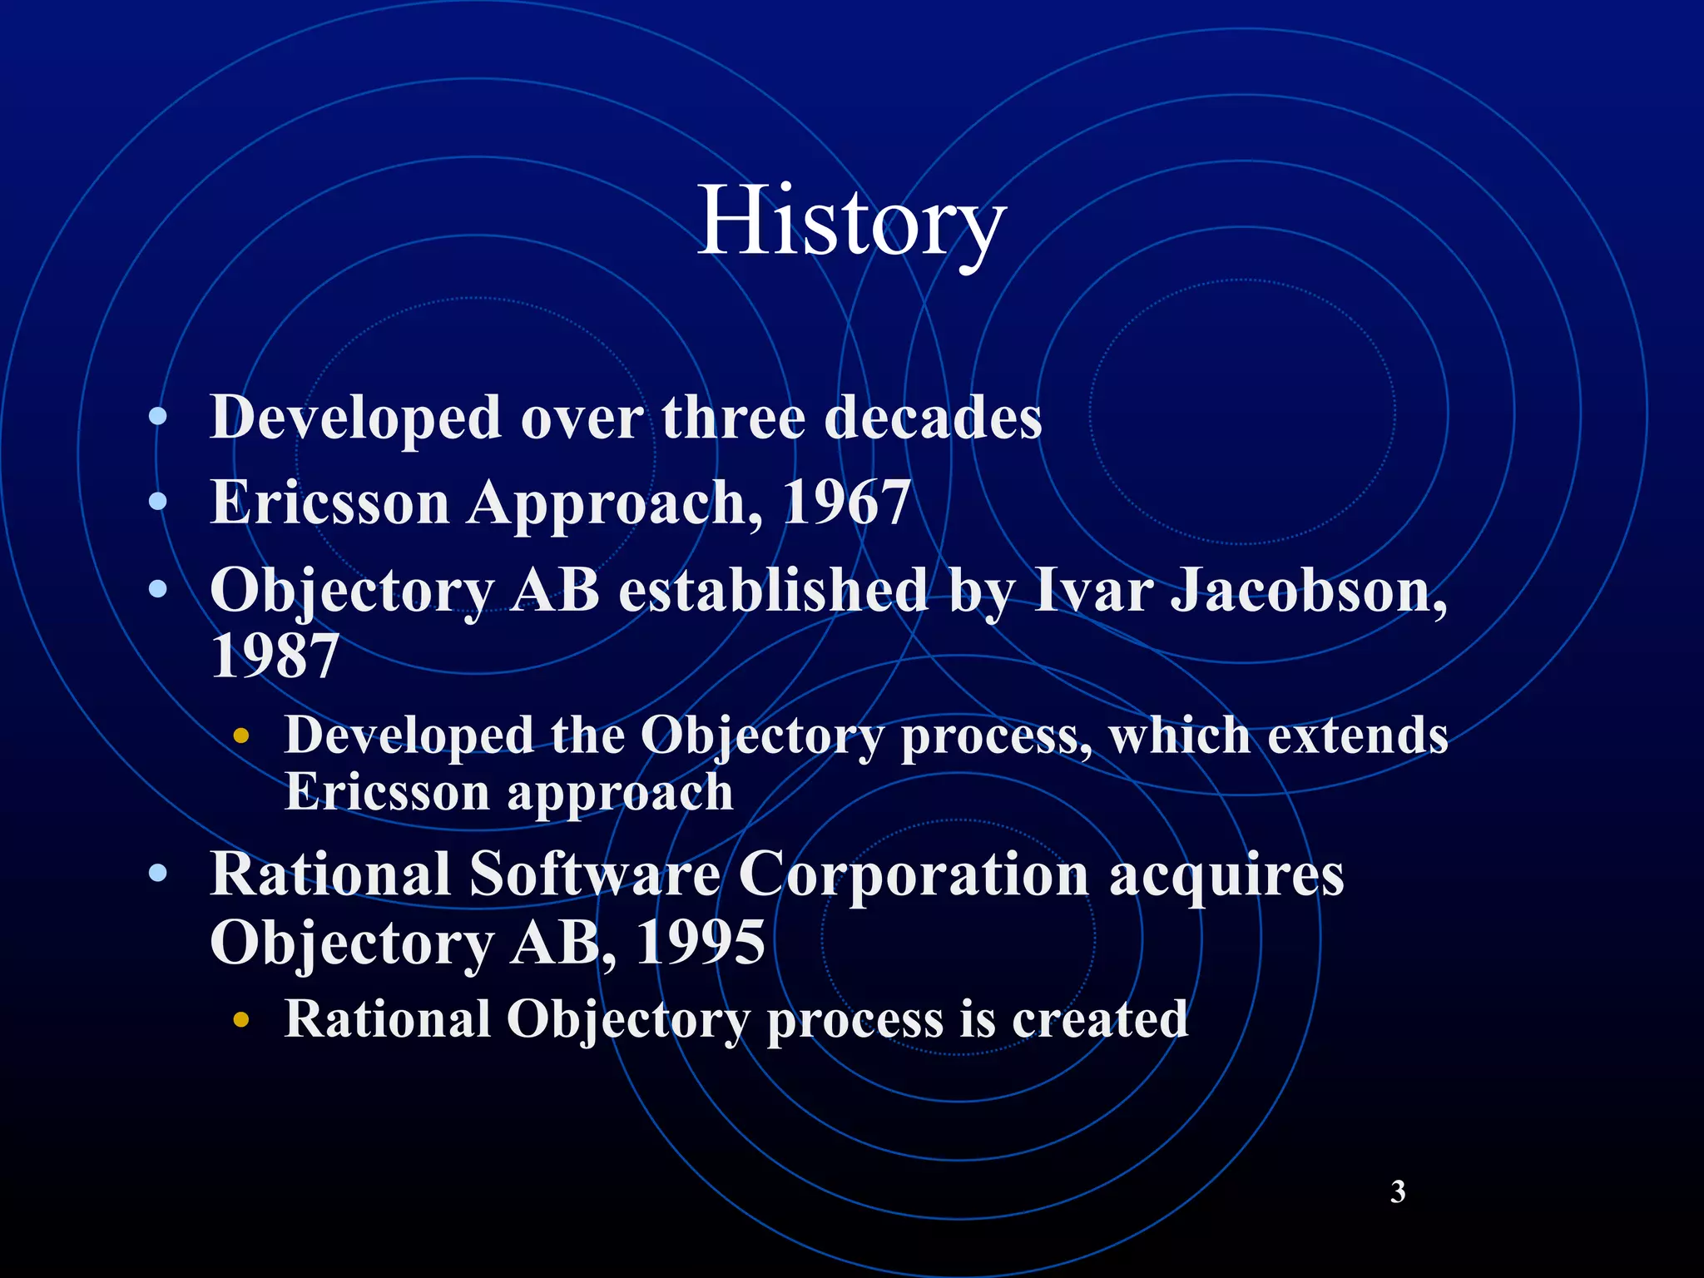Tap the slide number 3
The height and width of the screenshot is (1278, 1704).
(1398, 1191)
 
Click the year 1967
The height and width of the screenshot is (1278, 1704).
(846, 503)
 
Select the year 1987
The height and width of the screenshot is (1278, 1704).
(275, 656)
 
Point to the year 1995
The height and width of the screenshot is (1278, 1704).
(700, 943)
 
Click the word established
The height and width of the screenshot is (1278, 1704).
(773, 590)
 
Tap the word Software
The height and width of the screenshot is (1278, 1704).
(595, 874)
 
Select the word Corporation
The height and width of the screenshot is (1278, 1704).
(914, 876)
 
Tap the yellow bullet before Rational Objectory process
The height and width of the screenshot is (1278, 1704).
(241, 1020)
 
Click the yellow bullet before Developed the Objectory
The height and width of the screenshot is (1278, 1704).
(241, 736)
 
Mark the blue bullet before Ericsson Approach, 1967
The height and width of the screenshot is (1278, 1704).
(158, 502)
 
